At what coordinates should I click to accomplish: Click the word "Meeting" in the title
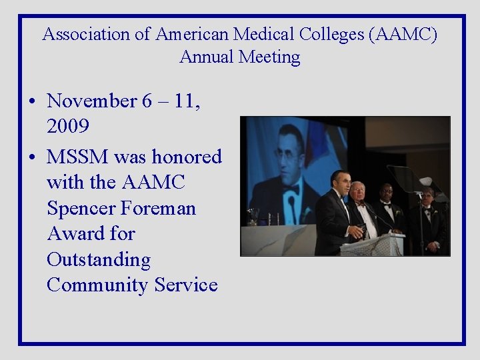click(269, 57)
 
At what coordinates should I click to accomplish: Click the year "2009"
click(69, 126)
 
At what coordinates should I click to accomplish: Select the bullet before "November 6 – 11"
click(32, 102)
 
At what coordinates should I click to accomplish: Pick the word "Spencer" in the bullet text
click(83, 209)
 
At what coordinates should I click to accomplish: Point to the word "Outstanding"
click(99, 259)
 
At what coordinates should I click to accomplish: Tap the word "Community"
click(98, 285)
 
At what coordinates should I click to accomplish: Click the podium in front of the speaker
click(371, 245)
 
